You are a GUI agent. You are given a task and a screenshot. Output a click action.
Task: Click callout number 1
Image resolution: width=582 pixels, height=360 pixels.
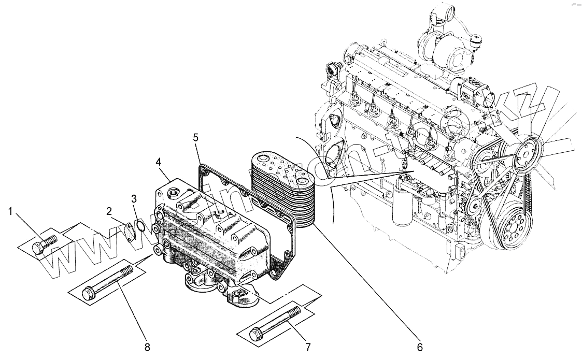click(10, 211)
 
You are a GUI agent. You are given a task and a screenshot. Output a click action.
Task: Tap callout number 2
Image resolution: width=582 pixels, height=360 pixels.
click(109, 211)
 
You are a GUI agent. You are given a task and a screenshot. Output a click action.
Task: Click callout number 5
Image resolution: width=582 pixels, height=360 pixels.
click(195, 137)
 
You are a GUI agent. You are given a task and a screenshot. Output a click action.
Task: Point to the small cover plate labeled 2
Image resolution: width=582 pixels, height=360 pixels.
click(126, 231)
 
